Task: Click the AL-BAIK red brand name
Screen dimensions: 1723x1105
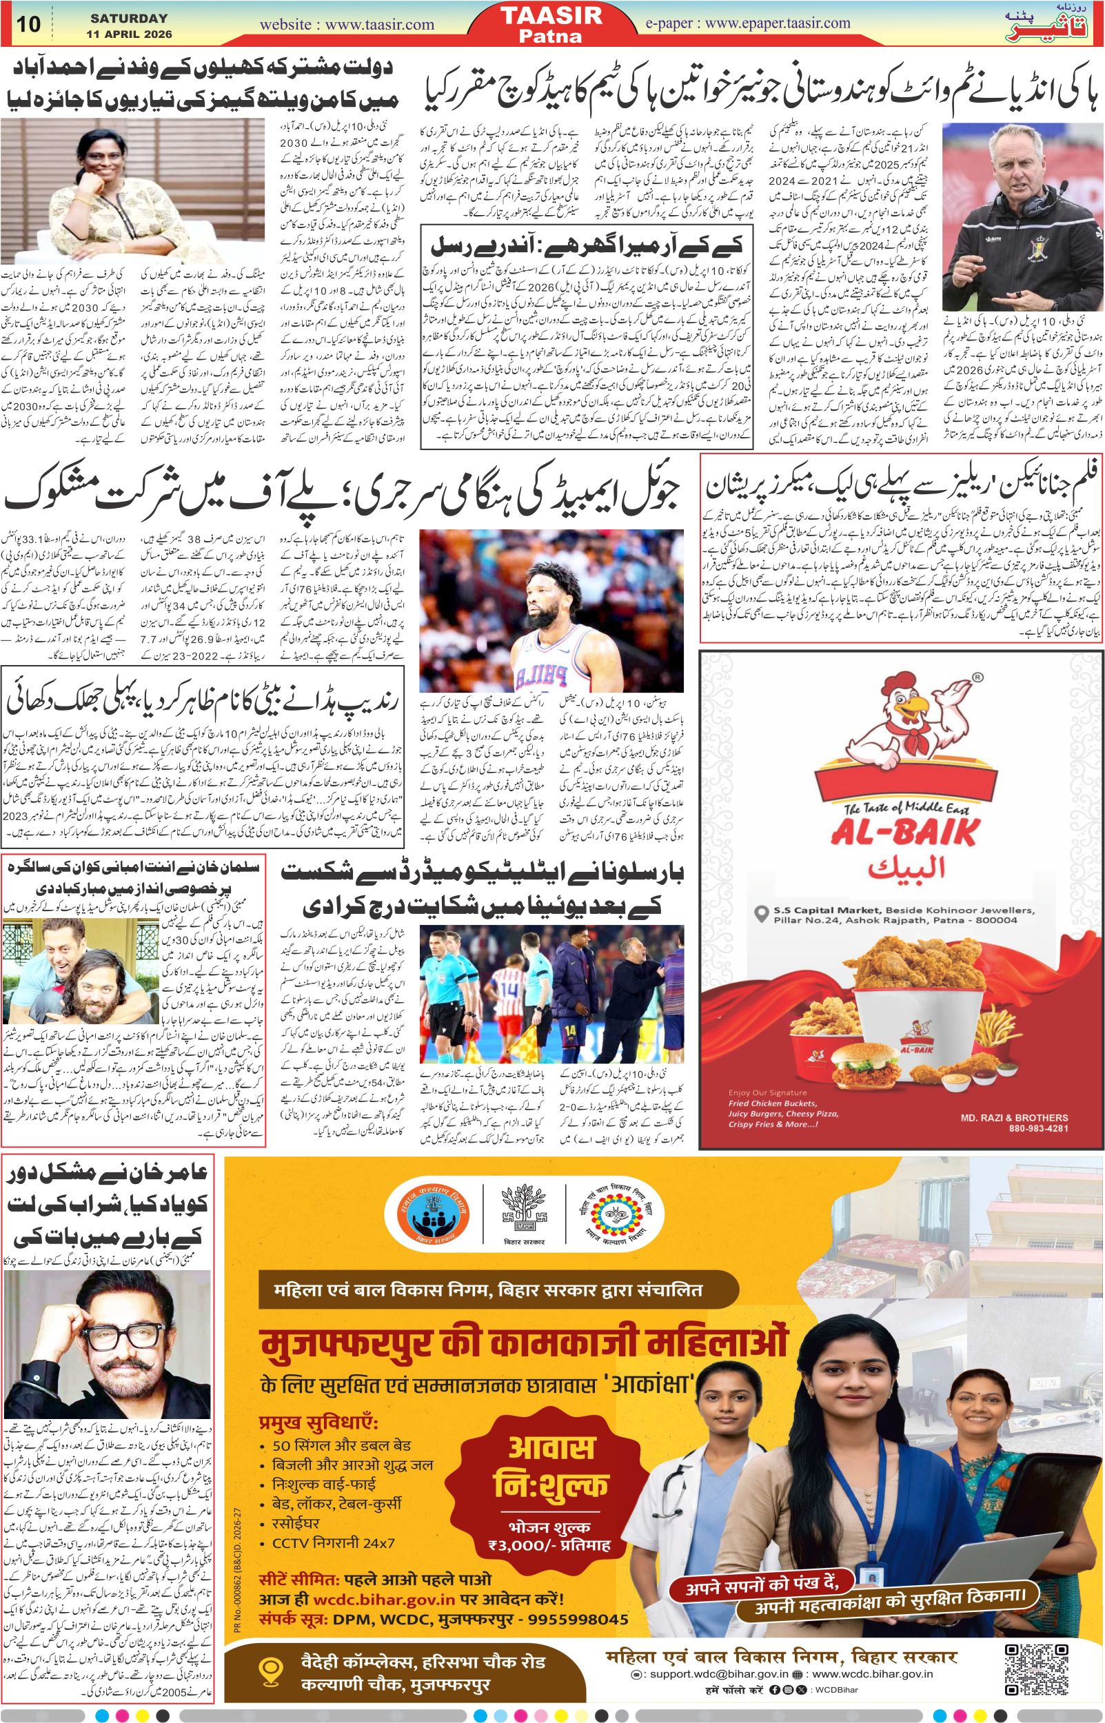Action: pyautogui.click(x=904, y=833)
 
